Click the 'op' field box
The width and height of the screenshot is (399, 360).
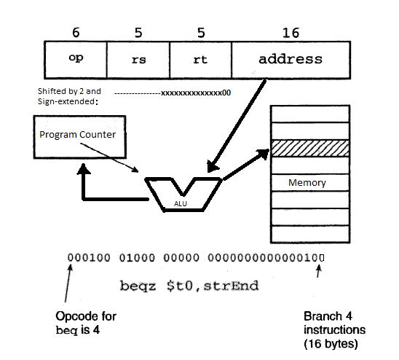(x=76, y=56)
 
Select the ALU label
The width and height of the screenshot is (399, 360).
(x=180, y=203)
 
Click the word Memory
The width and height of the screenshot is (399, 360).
(x=307, y=182)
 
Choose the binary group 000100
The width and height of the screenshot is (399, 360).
(x=87, y=257)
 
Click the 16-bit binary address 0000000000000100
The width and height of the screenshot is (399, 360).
(x=266, y=257)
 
